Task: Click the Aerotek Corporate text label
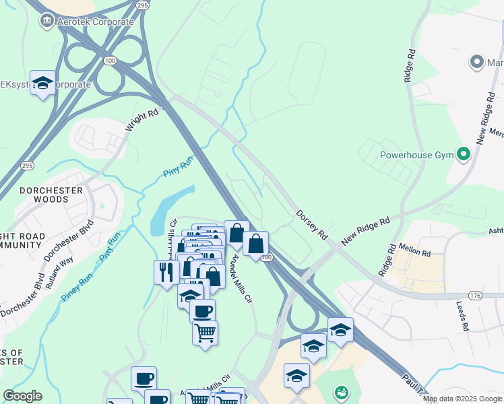[95, 22]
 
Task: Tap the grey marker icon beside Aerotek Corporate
[46, 21]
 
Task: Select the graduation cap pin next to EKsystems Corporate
[42, 83]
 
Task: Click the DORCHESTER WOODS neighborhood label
[51, 195]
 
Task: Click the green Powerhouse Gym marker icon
[463, 155]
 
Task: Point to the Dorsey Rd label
[311, 226]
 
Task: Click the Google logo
[22, 396]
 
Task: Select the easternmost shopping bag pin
[256, 243]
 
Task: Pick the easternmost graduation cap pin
[340, 330]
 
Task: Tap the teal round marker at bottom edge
[341, 393]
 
